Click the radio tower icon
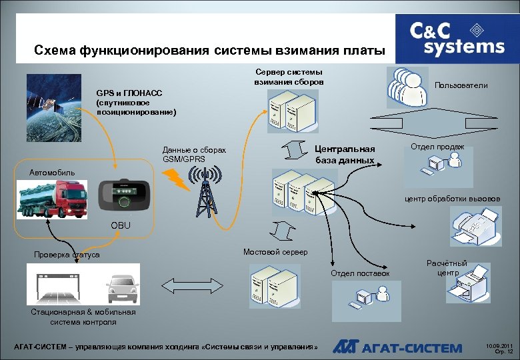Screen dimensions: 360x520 click(x=205, y=191)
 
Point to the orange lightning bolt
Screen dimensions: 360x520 click(x=175, y=176)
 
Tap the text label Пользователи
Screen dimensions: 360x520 click(x=461, y=85)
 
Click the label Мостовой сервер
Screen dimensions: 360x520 click(x=275, y=252)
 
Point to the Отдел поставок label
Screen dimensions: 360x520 click(x=360, y=273)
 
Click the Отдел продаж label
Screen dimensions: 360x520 click(x=437, y=147)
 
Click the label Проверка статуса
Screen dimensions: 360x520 click(x=67, y=255)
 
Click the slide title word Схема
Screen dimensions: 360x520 click(x=55, y=51)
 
